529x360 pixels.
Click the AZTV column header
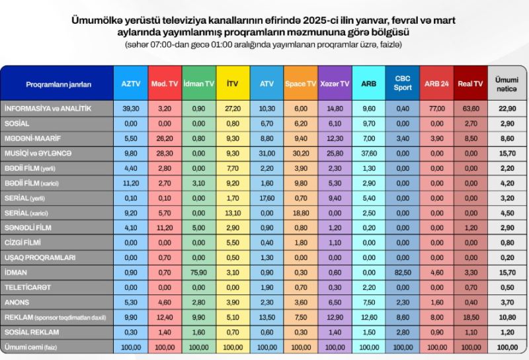(x=130, y=84)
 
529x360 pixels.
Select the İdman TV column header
(x=198, y=84)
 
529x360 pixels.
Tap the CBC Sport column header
(x=402, y=84)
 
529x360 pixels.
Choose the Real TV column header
(x=470, y=84)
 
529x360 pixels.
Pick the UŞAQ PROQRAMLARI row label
(x=40, y=257)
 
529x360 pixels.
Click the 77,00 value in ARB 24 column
(x=436, y=108)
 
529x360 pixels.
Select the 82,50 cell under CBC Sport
(x=402, y=272)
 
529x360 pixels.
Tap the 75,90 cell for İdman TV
(x=198, y=272)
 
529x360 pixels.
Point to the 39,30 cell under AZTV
(x=130, y=108)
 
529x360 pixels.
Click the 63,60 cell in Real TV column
(x=470, y=108)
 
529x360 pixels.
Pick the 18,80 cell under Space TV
(x=300, y=213)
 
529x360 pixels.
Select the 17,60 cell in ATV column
(x=266, y=198)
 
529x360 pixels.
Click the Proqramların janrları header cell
(x=58, y=85)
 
